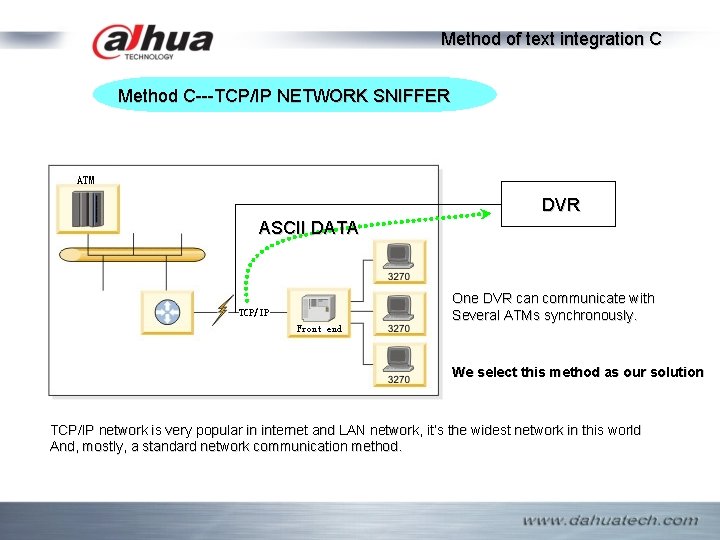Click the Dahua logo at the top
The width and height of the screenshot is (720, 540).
click(x=152, y=42)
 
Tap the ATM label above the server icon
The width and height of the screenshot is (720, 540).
click(x=86, y=180)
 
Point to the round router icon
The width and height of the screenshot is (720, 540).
click(x=166, y=312)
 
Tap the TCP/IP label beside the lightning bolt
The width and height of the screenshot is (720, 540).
click(x=253, y=312)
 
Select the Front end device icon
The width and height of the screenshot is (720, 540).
click(x=319, y=308)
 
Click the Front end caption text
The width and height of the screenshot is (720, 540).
click(x=319, y=329)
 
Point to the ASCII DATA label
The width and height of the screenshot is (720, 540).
click(x=307, y=227)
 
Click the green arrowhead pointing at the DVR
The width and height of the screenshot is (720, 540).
click(x=484, y=211)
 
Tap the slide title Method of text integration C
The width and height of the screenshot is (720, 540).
click(x=551, y=39)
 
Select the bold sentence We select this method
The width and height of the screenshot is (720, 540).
click(x=577, y=372)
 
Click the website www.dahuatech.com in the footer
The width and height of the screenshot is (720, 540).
click(x=610, y=520)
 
